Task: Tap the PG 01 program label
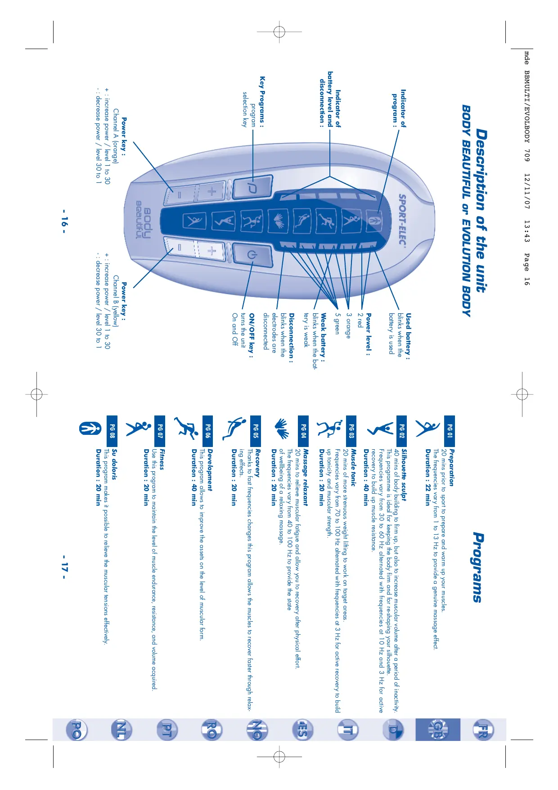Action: [x=449, y=431]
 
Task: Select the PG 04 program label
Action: [x=303, y=431]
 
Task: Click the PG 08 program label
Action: [x=112, y=431]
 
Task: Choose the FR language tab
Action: [x=482, y=729]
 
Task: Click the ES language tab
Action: [x=302, y=729]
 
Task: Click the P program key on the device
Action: [x=252, y=188]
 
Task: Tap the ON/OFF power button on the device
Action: [x=252, y=255]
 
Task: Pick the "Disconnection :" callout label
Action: [x=292, y=338]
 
